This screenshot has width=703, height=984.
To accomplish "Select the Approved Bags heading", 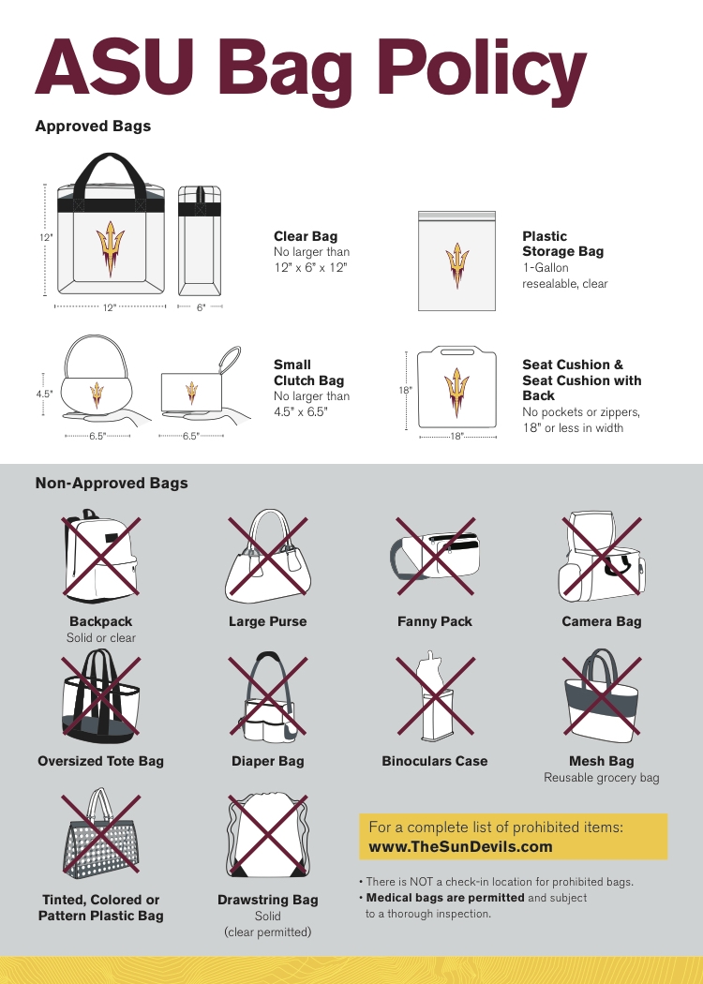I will [93, 126].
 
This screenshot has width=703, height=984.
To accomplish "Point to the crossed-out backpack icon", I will [100, 556].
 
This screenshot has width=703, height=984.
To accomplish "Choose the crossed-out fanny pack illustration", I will [435, 556].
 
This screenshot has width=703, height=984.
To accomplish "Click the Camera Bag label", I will [601, 621].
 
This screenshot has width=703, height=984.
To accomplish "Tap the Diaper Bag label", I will [268, 761].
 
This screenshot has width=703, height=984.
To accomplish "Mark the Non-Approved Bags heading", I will [112, 484].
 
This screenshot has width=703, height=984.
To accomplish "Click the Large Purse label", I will [268, 621].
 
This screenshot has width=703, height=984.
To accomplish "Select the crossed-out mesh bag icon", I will [601, 696].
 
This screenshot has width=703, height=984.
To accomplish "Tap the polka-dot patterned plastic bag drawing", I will [100, 834].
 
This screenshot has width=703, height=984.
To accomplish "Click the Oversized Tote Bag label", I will [100, 761].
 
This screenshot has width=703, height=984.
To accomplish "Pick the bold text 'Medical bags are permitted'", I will [445, 898].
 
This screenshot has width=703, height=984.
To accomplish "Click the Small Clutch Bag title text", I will [308, 373].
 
